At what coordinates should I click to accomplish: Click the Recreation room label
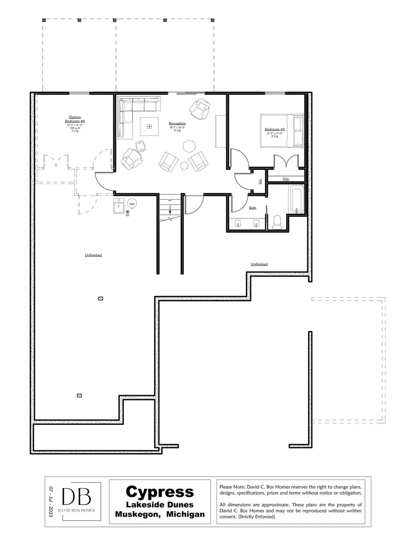tap(177, 124)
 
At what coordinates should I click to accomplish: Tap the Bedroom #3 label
tap(274, 129)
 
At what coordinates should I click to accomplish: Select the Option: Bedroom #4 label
tap(74, 119)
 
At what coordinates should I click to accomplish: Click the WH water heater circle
tap(132, 204)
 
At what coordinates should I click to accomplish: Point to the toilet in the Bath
tap(278, 223)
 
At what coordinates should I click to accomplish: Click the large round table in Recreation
tap(190, 147)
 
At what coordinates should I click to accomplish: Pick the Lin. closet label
tap(260, 180)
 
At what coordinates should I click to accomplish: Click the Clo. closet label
tap(286, 178)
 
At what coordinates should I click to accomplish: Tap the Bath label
tap(252, 208)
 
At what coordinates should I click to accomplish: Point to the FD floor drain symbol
tap(128, 212)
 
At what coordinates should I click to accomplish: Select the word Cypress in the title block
tap(159, 491)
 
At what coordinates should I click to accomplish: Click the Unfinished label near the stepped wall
tap(259, 264)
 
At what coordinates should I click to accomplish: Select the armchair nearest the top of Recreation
tap(200, 108)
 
